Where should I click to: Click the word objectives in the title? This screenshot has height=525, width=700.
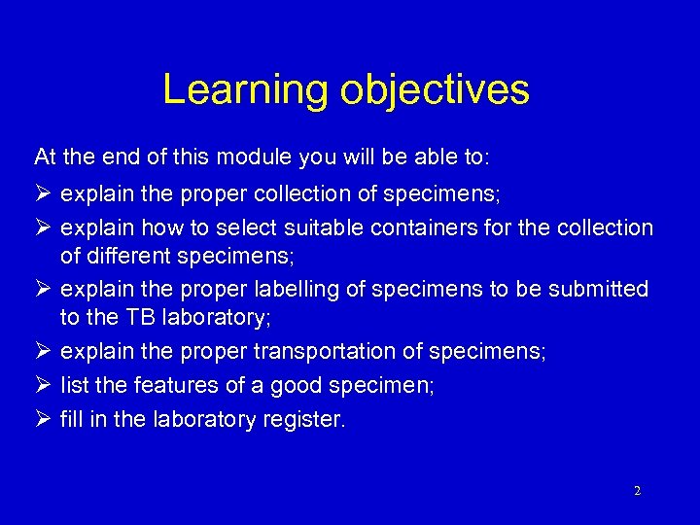(x=435, y=90)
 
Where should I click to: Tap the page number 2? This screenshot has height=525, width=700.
(x=637, y=491)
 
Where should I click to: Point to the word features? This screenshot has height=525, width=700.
(x=172, y=386)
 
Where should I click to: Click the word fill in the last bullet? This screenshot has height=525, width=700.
(x=71, y=421)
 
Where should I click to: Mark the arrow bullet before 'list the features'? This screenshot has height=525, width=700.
(x=42, y=386)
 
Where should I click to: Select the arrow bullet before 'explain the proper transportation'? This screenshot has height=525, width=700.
(x=42, y=351)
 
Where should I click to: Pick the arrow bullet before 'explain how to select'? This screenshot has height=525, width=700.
(x=42, y=228)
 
